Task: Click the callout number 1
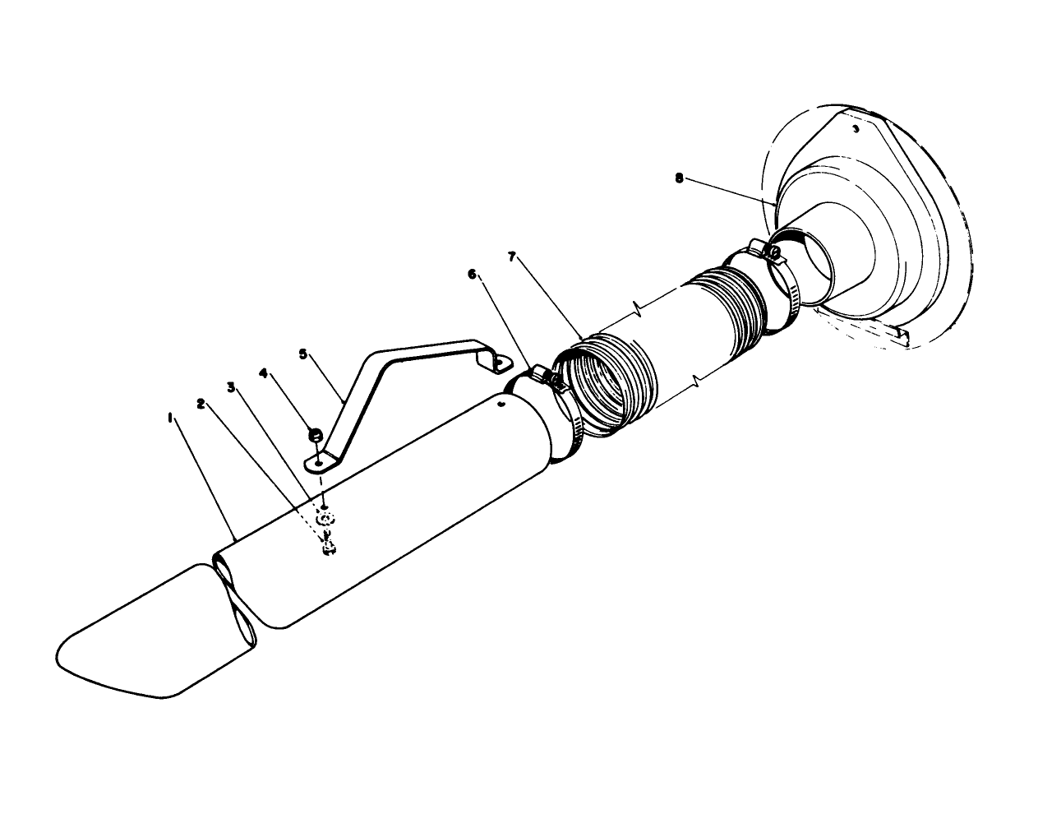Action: pos(170,418)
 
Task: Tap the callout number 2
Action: pos(200,403)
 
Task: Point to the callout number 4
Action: pos(264,372)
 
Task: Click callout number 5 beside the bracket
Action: pos(302,354)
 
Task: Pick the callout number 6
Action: pos(472,275)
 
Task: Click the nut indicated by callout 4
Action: pos(314,435)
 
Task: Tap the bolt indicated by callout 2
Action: pos(328,546)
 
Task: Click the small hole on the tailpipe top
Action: pos(501,404)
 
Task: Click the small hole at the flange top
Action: pos(856,128)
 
